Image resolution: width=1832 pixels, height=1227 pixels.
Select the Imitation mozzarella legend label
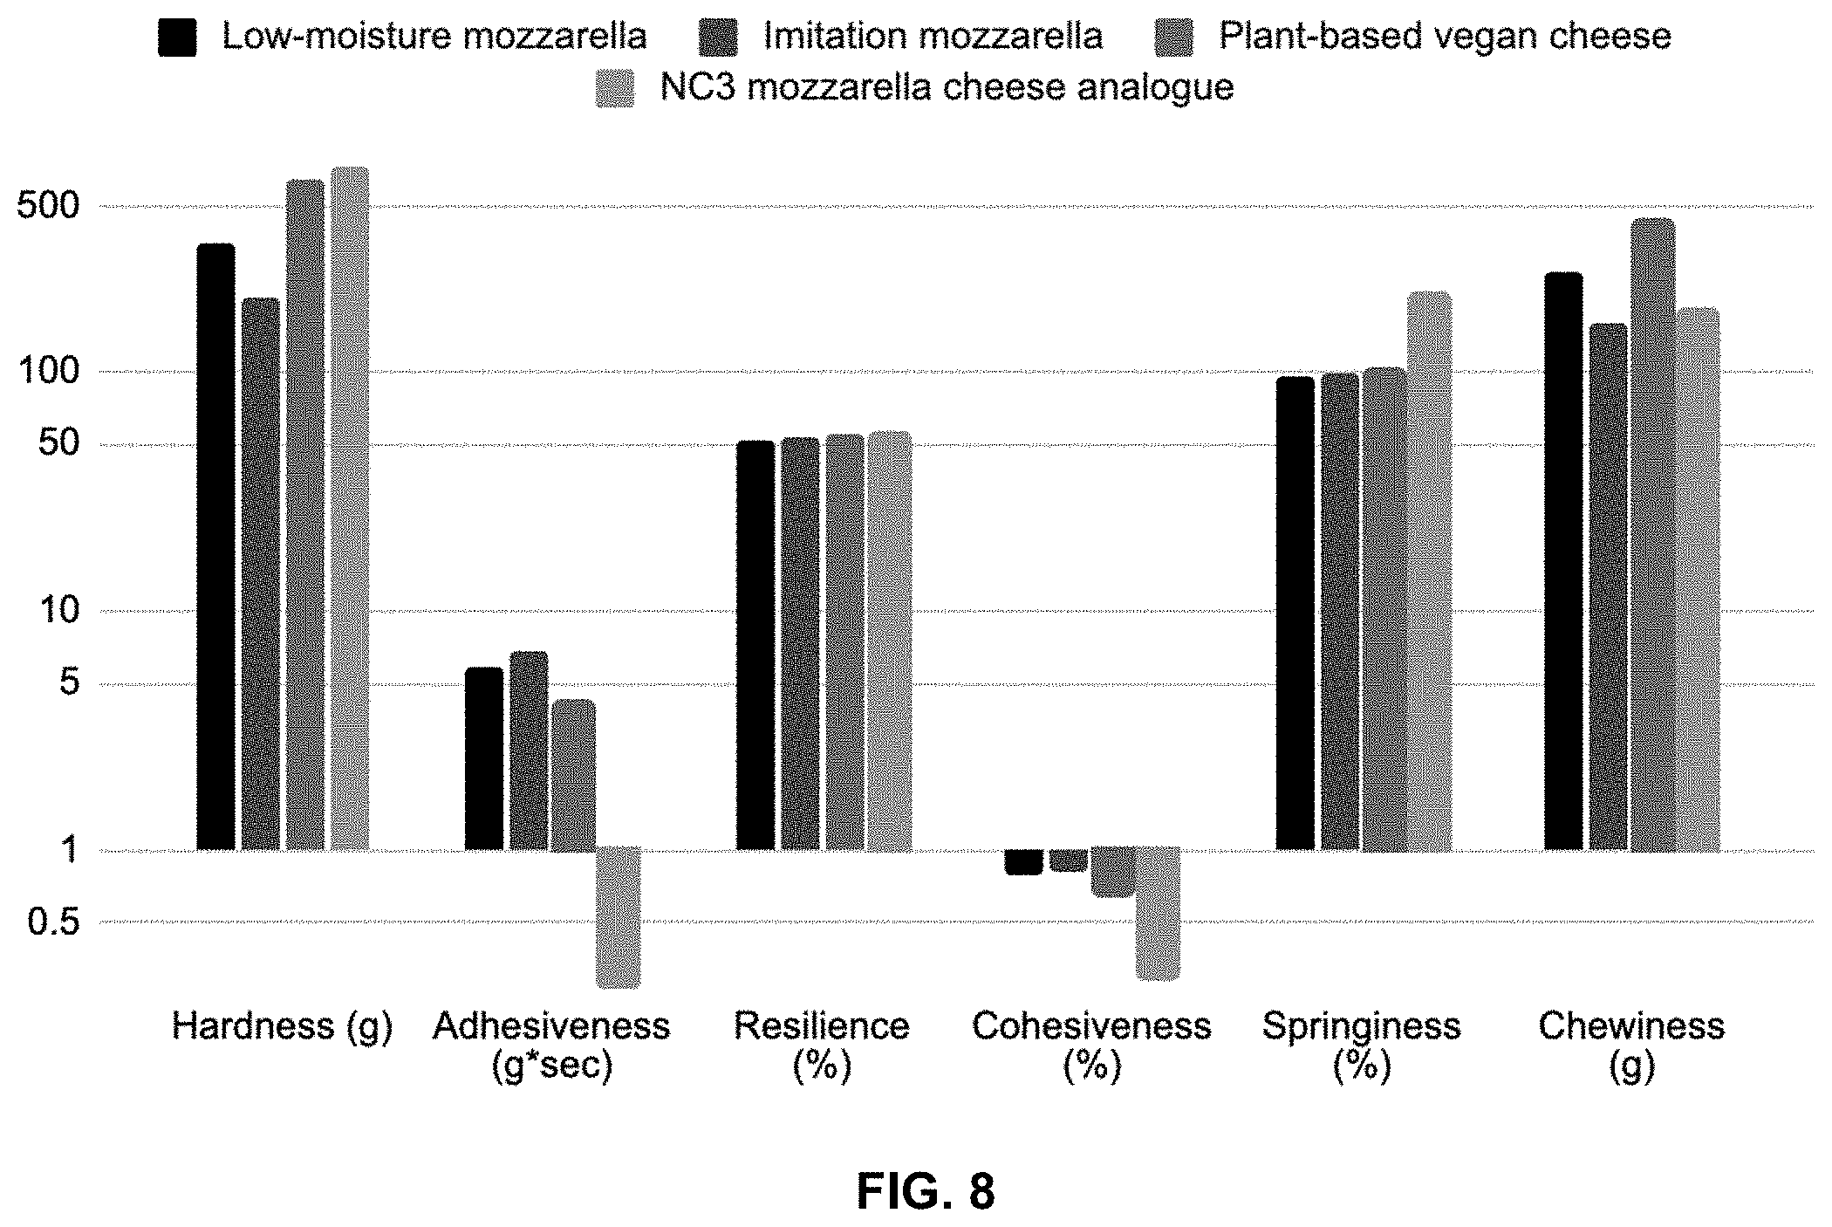point(933,36)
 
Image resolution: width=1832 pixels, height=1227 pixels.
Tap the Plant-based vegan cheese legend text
point(1445,37)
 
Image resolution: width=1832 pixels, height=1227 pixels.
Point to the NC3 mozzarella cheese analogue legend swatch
point(615,88)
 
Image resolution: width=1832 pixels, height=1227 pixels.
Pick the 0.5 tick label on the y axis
point(54,922)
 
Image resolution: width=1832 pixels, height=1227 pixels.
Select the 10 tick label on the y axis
point(59,610)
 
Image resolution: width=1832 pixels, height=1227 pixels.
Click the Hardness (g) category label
point(282,1027)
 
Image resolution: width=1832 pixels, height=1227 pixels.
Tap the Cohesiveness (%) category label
point(1091,1045)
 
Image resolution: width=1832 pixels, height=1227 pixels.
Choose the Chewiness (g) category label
point(1631,1045)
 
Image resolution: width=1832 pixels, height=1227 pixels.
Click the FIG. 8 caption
point(926,1190)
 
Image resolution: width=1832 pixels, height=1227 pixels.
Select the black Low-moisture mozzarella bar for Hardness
point(215,546)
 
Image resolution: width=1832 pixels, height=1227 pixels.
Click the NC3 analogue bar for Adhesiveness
point(618,917)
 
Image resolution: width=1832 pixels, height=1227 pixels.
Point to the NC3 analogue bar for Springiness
point(1430,571)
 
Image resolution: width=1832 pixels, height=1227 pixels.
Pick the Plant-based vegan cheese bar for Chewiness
point(1653,534)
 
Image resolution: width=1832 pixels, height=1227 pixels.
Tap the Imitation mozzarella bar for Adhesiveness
point(529,751)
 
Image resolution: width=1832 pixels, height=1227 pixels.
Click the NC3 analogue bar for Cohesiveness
point(1158,913)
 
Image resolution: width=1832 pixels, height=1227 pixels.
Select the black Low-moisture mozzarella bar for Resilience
point(755,645)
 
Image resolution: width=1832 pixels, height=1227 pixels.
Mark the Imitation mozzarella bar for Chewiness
point(1609,586)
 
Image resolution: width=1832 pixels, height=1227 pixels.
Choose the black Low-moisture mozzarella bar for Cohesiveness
point(1023,861)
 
